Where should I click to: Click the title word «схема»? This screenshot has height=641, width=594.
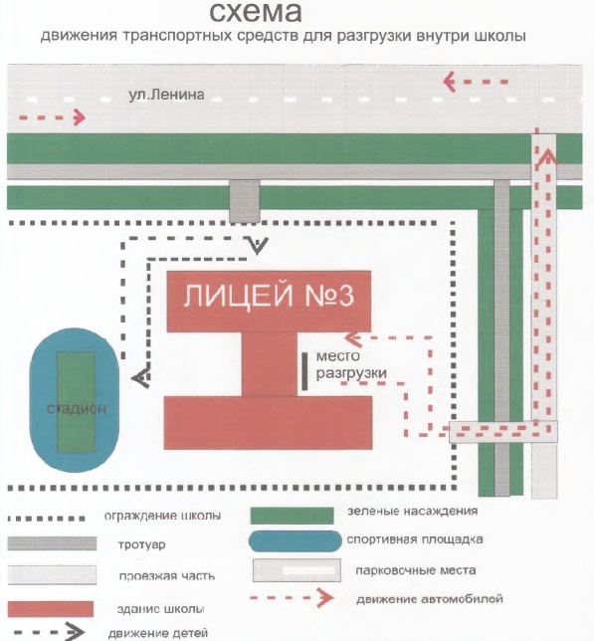pos(256,12)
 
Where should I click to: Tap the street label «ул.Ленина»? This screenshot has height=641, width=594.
pos(166,95)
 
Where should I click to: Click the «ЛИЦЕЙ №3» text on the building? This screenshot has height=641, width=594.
pos(269,296)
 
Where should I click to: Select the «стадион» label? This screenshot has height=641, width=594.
pos(77,408)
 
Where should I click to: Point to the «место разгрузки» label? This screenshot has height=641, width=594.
pos(351,364)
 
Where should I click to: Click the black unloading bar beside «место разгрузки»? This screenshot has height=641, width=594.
pos(304,371)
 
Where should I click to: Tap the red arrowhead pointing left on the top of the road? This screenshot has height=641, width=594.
pos(450,82)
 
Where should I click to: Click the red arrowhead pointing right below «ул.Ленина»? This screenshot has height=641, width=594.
pos(80,117)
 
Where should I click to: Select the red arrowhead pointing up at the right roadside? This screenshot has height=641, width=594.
pos(546,156)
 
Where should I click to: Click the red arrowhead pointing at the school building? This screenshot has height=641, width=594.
pos(352,338)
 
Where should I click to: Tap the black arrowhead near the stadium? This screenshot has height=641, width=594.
pos(140,377)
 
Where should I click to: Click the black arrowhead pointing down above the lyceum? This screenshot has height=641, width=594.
pos(257,245)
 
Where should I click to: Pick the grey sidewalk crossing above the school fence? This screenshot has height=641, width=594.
pos(245,201)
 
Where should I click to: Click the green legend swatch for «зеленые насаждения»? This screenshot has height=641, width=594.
pos(292,516)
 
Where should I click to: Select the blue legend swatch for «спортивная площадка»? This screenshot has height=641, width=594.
pos(295,541)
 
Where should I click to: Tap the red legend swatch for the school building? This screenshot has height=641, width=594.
pos(51,608)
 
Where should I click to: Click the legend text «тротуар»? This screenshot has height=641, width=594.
pos(141,544)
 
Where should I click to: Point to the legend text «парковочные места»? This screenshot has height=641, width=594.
pos(416,570)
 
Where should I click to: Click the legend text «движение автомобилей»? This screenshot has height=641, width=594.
pos(430,599)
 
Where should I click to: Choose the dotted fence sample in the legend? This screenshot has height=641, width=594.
pos(47,518)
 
